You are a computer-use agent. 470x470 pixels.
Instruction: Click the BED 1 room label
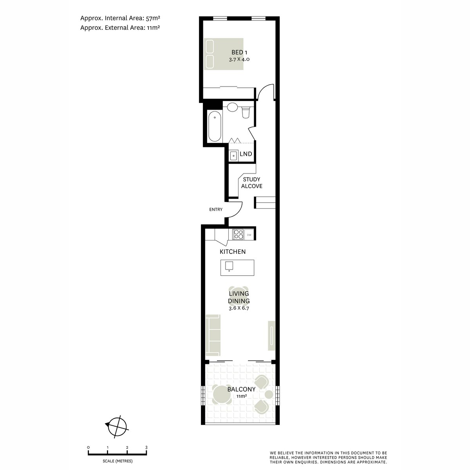239,52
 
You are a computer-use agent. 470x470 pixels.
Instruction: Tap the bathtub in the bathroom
215,127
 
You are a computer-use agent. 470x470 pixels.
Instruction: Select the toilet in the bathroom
246,112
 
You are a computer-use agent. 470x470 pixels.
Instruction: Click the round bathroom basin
232,107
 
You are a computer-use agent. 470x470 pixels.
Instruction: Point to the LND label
246,154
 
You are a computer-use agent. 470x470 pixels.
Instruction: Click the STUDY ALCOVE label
251,183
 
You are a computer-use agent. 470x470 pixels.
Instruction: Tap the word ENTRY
216,210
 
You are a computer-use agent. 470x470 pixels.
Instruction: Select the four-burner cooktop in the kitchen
238,234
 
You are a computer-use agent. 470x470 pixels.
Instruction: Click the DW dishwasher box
249,235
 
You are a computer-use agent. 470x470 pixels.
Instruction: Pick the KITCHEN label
233,252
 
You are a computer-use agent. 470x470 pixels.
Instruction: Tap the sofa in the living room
213,335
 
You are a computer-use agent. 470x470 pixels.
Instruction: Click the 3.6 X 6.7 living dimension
239,308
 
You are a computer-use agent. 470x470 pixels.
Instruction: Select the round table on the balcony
222,394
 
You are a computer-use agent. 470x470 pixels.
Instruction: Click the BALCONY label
241,389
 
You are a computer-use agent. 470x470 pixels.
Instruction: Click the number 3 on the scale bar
146,447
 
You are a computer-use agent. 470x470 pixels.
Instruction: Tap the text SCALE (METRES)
117,461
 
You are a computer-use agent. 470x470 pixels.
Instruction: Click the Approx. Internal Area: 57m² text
119,18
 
